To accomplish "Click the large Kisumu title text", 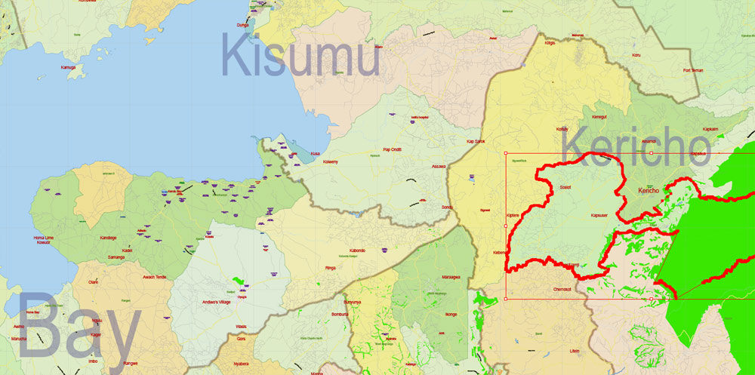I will pos(300,57).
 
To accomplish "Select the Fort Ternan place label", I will pos(692,71).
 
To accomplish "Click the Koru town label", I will pos(636,55).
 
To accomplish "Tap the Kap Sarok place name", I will pos(475,141).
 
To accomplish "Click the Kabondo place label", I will pos(357,251).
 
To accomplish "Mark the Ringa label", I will pos(330,267).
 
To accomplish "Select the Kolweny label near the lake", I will pos(331,162).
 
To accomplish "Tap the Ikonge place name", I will pos(451,314).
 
